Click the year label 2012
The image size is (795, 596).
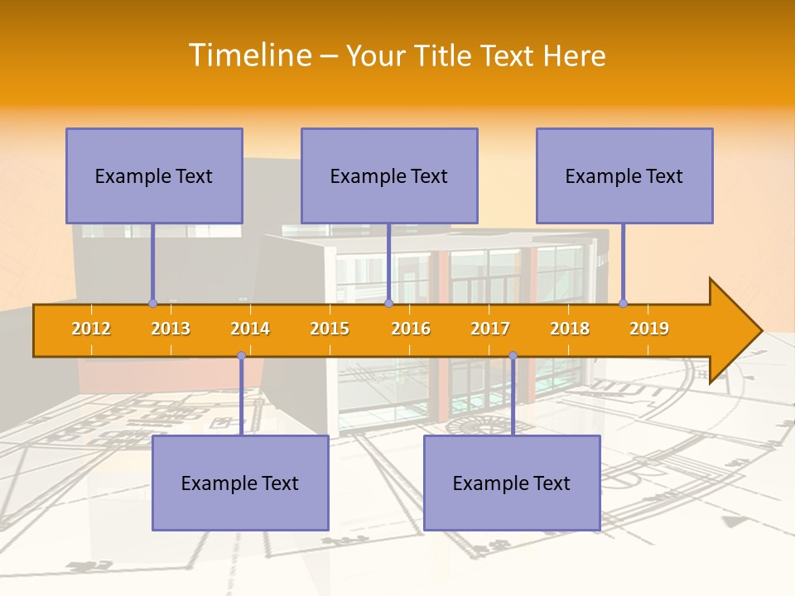coord(91,329)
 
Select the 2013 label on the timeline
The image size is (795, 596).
coord(171,329)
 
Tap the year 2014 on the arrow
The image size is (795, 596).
coord(250,329)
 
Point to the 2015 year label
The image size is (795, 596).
coord(330,329)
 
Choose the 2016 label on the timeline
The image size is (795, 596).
coord(411,329)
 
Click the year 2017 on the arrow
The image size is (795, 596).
coord(490,329)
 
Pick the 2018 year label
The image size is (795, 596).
coord(570,329)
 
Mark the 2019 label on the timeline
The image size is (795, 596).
coord(649,329)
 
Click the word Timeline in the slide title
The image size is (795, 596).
coord(249,55)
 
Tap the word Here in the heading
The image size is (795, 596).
coord(575,55)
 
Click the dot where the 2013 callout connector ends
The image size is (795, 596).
coord(152,303)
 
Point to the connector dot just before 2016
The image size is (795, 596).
coord(388,303)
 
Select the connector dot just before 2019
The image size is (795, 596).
coord(623,303)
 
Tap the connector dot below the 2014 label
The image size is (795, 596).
coord(241,356)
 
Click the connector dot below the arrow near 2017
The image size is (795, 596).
coord(513,356)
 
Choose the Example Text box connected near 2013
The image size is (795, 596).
coord(154,175)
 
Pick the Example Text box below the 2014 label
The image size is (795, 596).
coord(240,483)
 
